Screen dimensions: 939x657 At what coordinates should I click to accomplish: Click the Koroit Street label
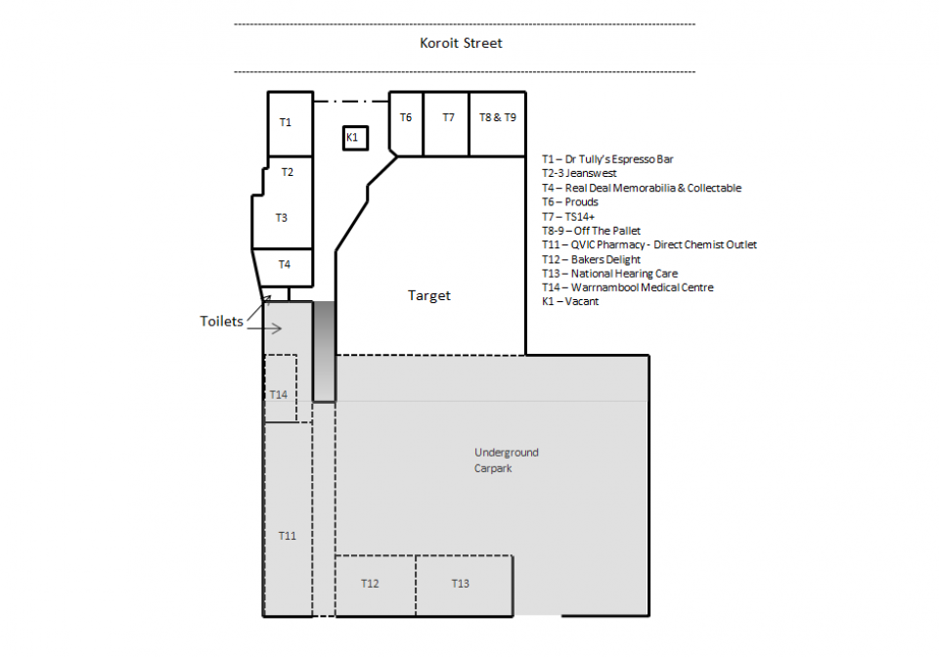(x=461, y=43)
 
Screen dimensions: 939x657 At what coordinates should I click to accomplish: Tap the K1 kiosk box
(x=355, y=138)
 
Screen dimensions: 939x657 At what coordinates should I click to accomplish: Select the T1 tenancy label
(x=286, y=122)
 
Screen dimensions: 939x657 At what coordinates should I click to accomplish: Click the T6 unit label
(x=406, y=117)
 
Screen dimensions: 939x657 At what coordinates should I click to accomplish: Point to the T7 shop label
(x=449, y=117)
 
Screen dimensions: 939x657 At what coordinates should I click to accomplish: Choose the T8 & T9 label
(x=498, y=117)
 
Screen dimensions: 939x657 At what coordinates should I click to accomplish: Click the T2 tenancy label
(x=288, y=172)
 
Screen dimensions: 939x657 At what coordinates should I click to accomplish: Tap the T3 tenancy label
(x=282, y=218)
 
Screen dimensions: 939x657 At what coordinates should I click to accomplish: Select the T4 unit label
(x=285, y=264)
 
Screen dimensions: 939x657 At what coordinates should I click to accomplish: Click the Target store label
(x=429, y=295)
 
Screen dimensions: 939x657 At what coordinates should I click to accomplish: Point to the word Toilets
(x=222, y=322)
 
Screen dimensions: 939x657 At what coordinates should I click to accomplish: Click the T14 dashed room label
(x=279, y=394)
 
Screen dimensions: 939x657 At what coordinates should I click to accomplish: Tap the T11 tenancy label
(x=288, y=536)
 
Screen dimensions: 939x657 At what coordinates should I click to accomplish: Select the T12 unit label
(x=370, y=584)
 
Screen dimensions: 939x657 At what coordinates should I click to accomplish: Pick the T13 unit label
(x=461, y=584)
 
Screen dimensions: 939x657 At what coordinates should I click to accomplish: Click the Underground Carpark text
(x=506, y=460)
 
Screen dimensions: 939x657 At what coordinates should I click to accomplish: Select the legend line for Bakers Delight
(x=591, y=259)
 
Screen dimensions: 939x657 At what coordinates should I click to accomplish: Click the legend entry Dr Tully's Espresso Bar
(x=607, y=159)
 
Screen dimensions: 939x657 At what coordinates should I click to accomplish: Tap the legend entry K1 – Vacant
(x=570, y=301)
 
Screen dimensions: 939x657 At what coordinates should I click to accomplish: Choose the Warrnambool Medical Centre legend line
(x=628, y=287)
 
